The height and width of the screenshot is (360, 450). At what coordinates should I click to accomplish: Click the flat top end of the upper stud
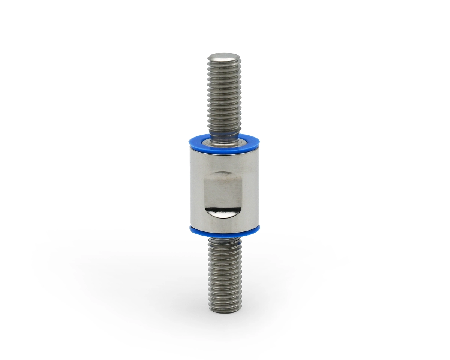(224, 57)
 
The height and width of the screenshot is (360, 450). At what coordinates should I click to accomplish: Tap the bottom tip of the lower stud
(224, 309)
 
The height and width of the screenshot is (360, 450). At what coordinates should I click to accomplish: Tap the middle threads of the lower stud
(224, 274)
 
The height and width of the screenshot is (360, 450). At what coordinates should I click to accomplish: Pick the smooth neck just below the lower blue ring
(224, 240)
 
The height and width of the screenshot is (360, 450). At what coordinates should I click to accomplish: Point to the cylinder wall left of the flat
(196, 187)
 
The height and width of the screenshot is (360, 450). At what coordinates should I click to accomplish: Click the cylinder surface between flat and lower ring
(224, 224)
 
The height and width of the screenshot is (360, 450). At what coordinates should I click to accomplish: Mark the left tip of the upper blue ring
(189, 141)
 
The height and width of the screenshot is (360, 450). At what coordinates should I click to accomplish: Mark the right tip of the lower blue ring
(260, 229)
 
